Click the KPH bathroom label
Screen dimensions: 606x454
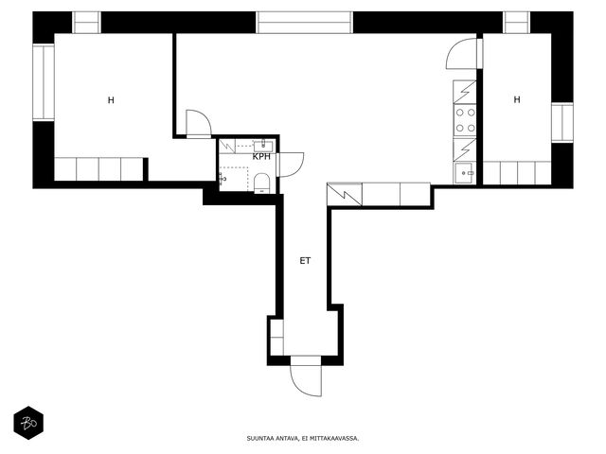point(261,157)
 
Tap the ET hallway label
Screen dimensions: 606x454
point(305,261)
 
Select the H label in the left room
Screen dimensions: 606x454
point(111,100)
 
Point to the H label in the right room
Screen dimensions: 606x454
point(517,99)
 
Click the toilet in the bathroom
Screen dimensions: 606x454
point(262,183)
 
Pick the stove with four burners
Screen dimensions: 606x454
point(465,120)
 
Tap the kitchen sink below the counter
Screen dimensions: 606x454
point(465,173)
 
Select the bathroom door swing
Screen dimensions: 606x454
point(291,165)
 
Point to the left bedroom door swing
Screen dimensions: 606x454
point(199,123)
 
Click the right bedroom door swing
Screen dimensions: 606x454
point(462,54)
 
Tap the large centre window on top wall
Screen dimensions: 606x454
point(305,23)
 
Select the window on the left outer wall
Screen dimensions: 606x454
point(44,82)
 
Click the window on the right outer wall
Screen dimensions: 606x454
point(561,123)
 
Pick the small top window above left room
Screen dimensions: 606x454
point(86,23)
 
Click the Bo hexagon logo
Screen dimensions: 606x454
point(28,423)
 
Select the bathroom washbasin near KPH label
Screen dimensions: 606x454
point(263,146)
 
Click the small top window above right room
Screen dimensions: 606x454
point(517,23)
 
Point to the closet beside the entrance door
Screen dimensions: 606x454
point(276,337)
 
